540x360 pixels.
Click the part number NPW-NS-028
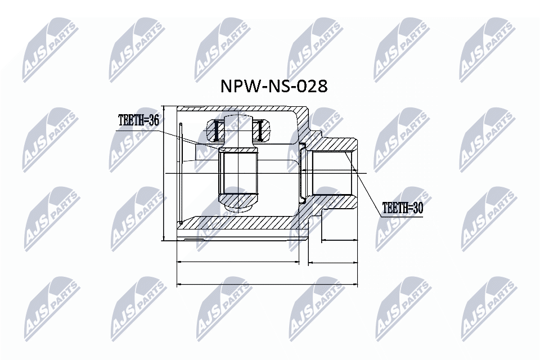[272, 86]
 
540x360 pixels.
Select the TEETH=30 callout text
[402, 208]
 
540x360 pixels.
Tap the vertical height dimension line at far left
[163, 173]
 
